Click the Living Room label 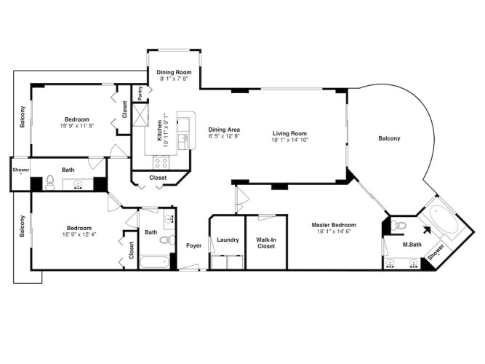(x=289, y=133)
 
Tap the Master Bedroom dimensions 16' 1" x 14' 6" (x=334, y=231)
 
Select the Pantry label (x=140, y=93)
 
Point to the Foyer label (x=193, y=245)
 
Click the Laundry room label (x=228, y=240)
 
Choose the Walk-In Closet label (x=266, y=243)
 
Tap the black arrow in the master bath (x=427, y=230)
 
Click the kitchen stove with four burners (x=161, y=162)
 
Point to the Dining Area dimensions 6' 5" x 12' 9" (x=224, y=135)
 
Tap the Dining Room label (x=174, y=72)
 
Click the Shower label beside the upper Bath (x=21, y=170)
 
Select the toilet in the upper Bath (x=49, y=183)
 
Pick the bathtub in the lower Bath (x=154, y=262)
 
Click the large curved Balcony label (x=389, y=138)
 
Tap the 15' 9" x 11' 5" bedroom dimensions (x=76, y=126)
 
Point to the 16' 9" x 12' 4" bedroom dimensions (x=79, y=234)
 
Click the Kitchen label (x=159, y=130)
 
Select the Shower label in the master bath (x=436, y=252)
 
